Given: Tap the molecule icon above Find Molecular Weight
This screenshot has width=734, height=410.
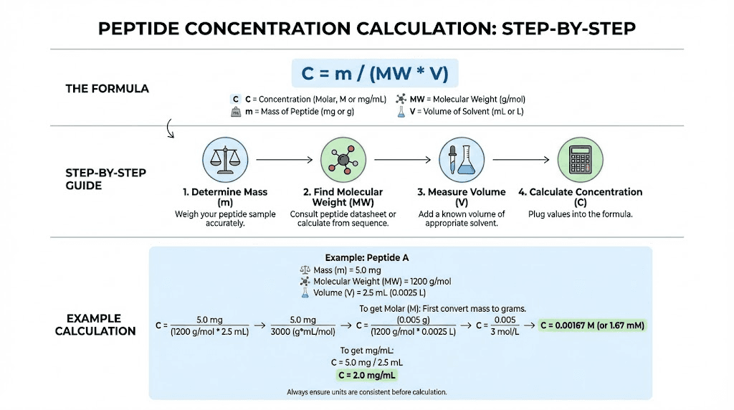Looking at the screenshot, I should pyautogui.click(x=341, y=159).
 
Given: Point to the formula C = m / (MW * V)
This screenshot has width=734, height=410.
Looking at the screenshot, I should pyautogui.click(x=375, y=74).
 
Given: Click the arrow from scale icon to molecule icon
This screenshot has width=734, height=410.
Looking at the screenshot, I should pyautogui.click(x=283, y=159).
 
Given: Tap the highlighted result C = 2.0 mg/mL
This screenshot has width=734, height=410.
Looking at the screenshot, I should pyautogui.click(x=368, y=375).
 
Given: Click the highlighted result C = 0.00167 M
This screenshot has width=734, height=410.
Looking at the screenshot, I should pyautogui.click(x=592, y=325).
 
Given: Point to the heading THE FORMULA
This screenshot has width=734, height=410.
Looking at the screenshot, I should pyautogui.click(x=108, y=89).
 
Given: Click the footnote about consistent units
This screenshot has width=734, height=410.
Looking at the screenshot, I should pyautogui.click(x=366, y=392).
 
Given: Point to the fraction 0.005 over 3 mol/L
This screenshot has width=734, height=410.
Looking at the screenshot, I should pyautogui.click(x=505, y=325).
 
